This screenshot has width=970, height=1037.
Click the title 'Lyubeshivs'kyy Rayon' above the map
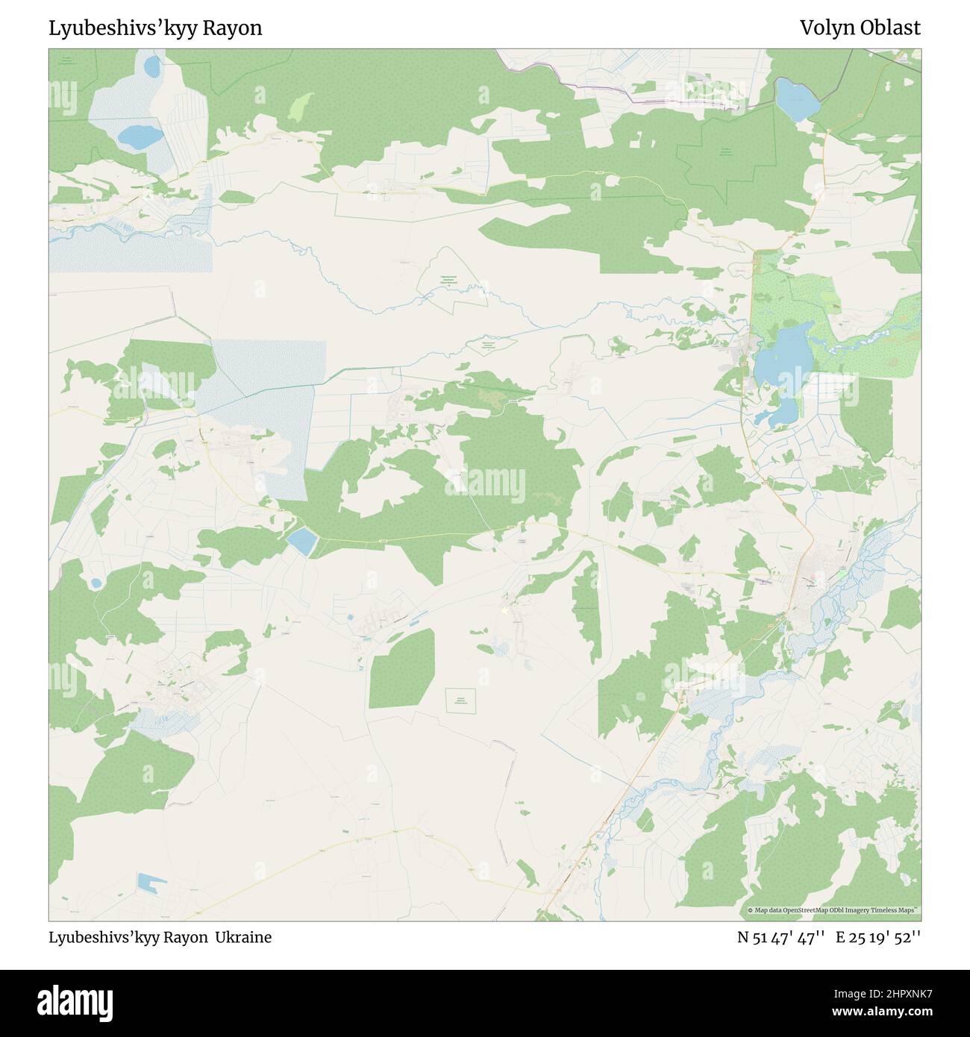tap(155, 28)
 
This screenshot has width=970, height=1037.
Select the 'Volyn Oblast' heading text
tap(860, 28)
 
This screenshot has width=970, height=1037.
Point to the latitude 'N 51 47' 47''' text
tap(780, 938)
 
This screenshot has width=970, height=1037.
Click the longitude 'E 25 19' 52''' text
tap(878, 938)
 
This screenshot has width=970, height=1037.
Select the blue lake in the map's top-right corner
tap(796, 99)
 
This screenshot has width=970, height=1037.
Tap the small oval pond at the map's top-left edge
tap(152, 67)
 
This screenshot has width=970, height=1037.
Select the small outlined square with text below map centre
tap(461, 700)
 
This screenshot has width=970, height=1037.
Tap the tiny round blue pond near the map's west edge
tap(96, 583)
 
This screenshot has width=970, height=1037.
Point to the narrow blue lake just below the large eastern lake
tap(777, 411)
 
